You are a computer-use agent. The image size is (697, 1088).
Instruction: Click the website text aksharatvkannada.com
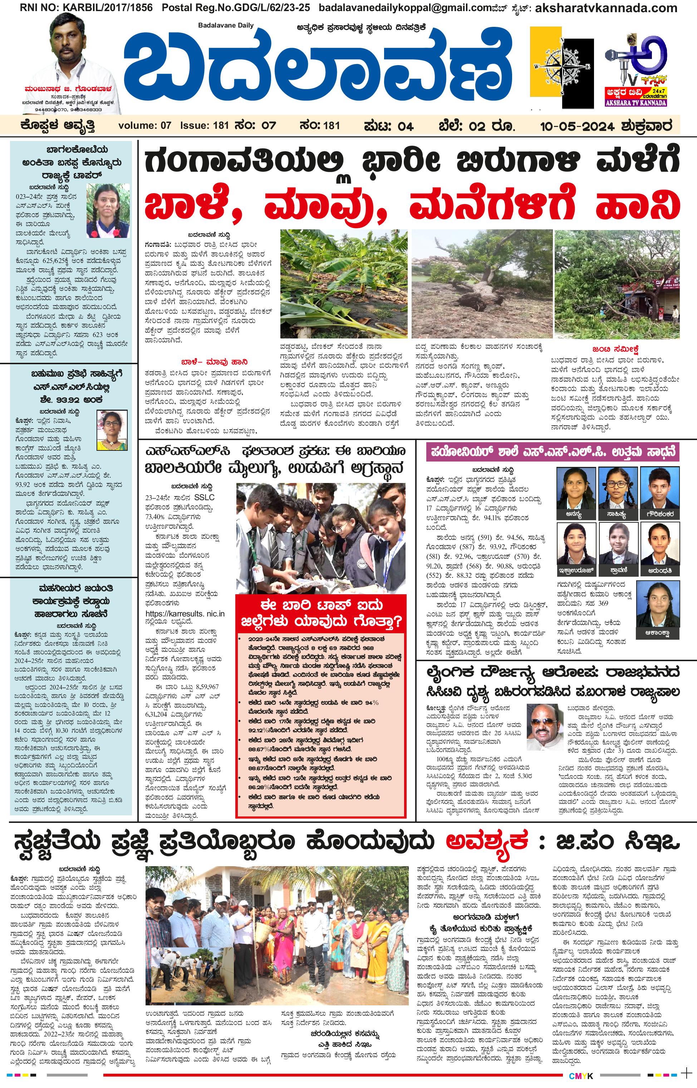point(607,8)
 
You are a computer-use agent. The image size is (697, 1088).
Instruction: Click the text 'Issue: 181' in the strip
point(204,126)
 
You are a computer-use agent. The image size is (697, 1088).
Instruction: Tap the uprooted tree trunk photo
point(482,283)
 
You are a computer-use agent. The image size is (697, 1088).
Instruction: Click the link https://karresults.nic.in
point(185,614)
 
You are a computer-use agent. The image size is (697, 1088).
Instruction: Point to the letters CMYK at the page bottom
point(581,1076)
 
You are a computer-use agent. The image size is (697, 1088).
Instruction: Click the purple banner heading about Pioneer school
point(552,452)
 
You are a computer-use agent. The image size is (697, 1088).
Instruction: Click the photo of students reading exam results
point(320,538)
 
